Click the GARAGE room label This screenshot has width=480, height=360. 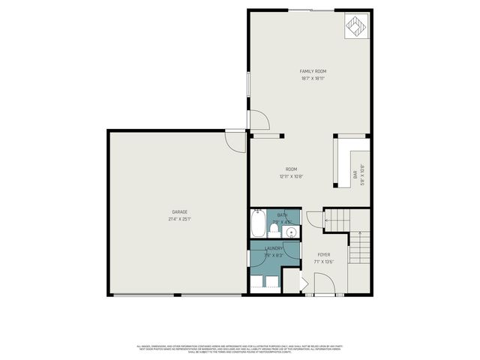pos(179,212)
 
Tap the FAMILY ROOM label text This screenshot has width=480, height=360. pos(313,71)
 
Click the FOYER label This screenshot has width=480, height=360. pos(324,255)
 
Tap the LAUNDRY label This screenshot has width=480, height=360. pos(273,248)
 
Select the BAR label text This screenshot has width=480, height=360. pos(355,176)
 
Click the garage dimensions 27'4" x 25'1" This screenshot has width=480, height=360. pos(179,219)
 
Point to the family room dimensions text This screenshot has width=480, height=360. pos(313,78)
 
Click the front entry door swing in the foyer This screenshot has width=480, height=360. pos(324,283)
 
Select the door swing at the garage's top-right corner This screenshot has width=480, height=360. pos(235,141)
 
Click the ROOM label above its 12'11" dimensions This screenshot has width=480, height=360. pos(292,169)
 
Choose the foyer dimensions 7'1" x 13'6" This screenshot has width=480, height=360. pos(324,262)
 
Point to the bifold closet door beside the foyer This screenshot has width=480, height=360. pos(304,283)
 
